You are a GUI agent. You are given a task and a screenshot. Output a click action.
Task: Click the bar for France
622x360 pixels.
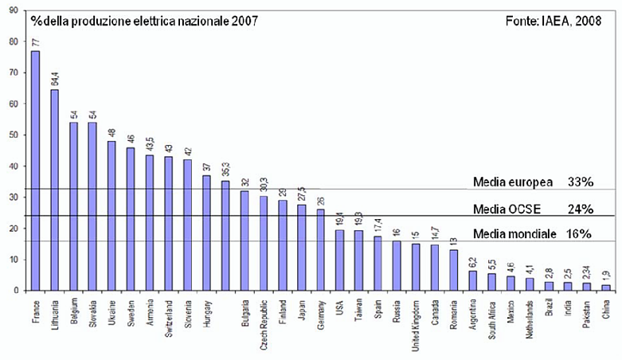[x=35, y=170]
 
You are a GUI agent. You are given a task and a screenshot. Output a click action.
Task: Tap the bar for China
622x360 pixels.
[x=605, y=288]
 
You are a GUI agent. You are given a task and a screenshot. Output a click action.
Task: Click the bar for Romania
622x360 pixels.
[x=454, y=270]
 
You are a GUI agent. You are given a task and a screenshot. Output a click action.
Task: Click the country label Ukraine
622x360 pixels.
[x=111, y=315]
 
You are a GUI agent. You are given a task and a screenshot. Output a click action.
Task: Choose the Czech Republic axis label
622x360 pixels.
[x=264, y=323]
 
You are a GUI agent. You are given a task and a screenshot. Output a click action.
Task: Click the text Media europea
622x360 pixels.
[x=513, y=182]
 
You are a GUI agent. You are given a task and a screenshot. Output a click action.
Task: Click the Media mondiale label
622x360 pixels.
[x=514, y=234]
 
